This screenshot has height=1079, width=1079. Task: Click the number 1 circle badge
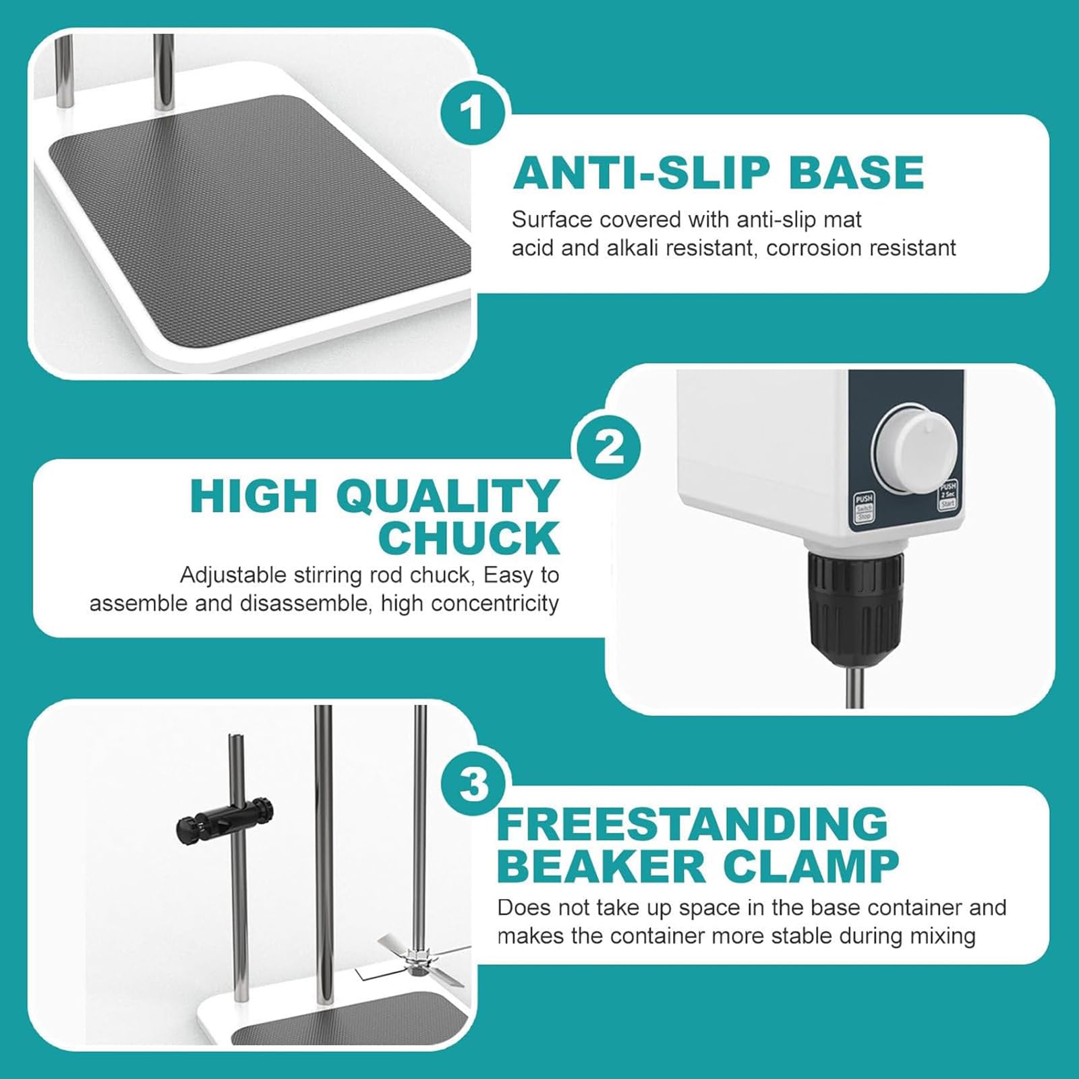point(473,113)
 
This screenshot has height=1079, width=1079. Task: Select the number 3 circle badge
point(473,785)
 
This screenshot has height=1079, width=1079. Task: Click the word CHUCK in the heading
point(469,537)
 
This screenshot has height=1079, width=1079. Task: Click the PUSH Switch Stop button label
point(864,506)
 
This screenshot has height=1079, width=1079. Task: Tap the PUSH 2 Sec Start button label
point(948,494)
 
